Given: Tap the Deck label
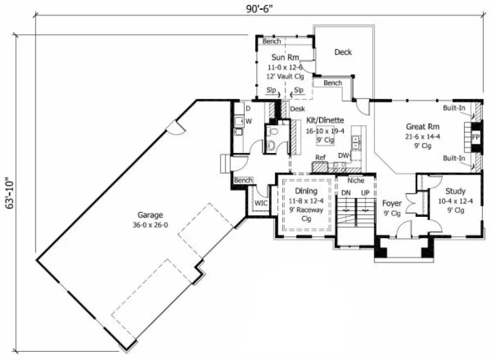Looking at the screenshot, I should point(343,52).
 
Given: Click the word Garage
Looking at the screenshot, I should point(150,215).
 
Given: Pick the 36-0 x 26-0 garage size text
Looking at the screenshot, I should point(150,224).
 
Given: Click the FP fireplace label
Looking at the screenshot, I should point(475,136).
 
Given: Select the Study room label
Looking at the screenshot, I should point(455,191).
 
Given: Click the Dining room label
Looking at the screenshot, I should point(306,191).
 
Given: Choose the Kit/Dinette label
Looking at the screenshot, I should point(324,121).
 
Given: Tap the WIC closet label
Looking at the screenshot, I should point(261,202).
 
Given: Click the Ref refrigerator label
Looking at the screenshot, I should point(320,157).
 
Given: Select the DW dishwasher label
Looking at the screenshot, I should point(343,156).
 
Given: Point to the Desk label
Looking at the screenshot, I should point(297,109).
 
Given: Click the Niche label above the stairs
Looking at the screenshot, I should point(355,181).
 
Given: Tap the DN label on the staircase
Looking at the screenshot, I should point(346,192).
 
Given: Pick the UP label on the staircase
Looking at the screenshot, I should point(365,192).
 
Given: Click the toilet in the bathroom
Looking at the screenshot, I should point(272,132).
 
